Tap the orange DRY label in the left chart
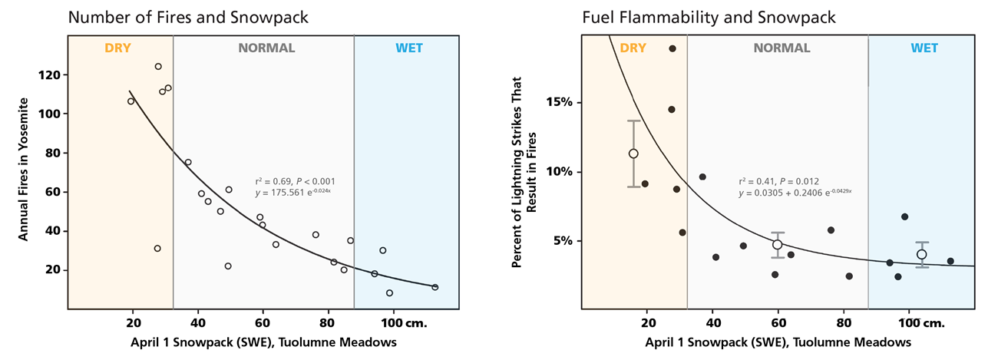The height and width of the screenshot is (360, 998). pos(118,48)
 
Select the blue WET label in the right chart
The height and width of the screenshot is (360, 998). pos(924,48)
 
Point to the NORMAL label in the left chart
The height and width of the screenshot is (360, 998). pos(266,48)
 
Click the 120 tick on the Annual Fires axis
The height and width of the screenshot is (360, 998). pos(47,75)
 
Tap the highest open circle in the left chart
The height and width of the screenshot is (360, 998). pos(158,67)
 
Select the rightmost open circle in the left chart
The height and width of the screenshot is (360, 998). pos(435,287)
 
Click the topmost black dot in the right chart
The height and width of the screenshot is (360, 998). pos(672,48)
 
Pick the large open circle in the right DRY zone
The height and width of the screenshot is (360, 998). pos(633,154)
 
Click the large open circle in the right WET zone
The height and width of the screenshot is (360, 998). pos(921,254)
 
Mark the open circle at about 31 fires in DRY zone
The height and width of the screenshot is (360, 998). pos(157,249)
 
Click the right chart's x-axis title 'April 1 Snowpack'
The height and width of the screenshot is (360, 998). pos(777,342)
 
